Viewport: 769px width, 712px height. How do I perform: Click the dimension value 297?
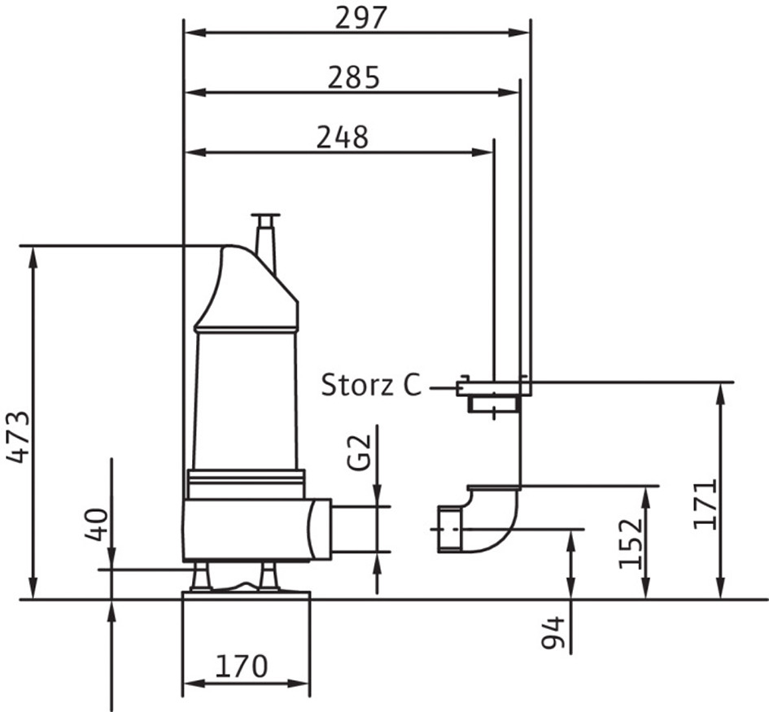click(x=361, y=18)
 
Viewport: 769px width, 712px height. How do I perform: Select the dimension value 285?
click(x=354, y=77)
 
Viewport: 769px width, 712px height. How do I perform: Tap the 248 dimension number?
click(x=343, y=138)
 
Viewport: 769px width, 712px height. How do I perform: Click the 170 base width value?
click(x=242, y=666)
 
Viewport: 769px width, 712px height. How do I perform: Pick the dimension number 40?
click(x=96, y=525)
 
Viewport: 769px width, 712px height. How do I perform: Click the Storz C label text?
click(x=371, y=385)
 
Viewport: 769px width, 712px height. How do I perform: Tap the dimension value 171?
click(x=706, y=505)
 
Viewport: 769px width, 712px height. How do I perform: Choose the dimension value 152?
click(x=630, y=544)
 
